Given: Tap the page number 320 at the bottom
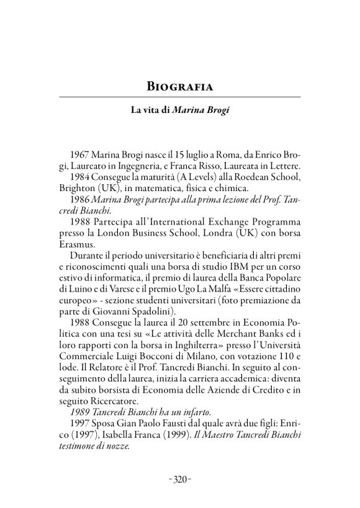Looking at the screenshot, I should (179, 479).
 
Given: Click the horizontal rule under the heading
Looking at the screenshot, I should (179, 97).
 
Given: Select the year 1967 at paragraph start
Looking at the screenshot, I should (83, 154).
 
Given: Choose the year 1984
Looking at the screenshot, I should (83, 177).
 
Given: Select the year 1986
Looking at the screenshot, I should (82, 199).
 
